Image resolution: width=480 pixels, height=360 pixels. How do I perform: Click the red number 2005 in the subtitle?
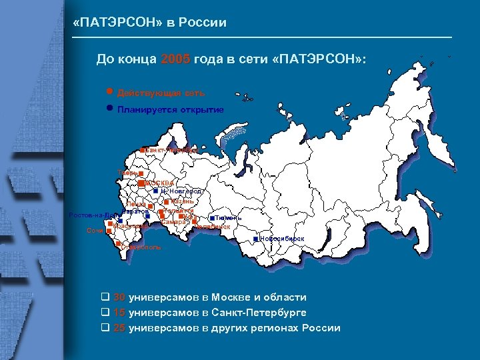tap(175, 59)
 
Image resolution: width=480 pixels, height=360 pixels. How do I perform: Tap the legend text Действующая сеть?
tap(161, 93)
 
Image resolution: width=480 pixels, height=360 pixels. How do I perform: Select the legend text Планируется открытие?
tap(170, 109)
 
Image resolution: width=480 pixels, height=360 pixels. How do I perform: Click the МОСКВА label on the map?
tap(159, 183)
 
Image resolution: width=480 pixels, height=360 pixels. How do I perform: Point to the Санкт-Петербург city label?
tap(171, 150)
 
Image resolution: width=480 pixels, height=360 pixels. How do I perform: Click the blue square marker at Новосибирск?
tap(256, 239)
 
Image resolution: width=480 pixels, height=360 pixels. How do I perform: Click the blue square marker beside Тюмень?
tap(211, 218)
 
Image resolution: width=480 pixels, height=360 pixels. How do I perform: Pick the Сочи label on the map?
tap(94, 231)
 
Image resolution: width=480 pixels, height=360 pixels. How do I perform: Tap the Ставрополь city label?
tap(141, 247)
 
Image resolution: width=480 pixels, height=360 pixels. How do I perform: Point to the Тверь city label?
tap(127, 173)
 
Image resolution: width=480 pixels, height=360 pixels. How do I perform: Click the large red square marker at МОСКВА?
tap(141, 183)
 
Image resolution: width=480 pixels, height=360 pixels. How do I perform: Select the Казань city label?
tap(182, 201)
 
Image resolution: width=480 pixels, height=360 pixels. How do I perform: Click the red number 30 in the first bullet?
tap(119, 297)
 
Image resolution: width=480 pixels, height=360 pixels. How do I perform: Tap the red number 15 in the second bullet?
tap(119, 312)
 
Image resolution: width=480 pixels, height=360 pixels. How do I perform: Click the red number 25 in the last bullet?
tap(119, 327)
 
